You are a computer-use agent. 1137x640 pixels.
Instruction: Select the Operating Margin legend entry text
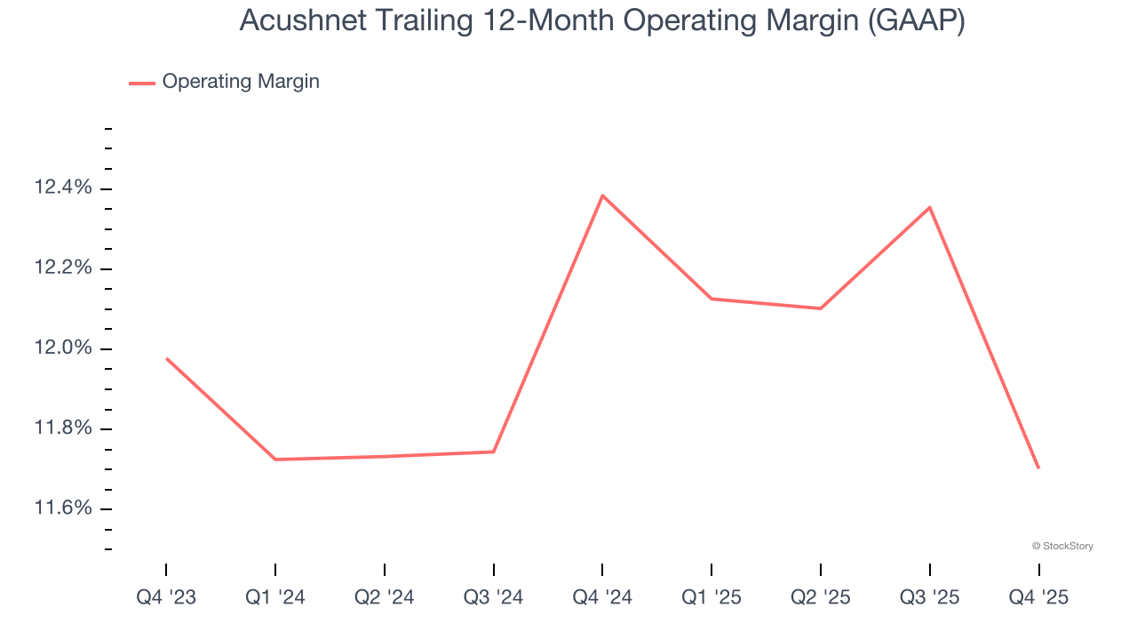point(241,82)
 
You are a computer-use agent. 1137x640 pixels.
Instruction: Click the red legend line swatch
point(142,83)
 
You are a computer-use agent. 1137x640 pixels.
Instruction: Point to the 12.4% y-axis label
point(62,188)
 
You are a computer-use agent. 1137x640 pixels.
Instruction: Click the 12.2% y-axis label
point(62,268)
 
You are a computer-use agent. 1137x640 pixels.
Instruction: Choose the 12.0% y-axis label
point(62,348)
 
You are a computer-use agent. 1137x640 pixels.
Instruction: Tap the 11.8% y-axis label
point(62,428)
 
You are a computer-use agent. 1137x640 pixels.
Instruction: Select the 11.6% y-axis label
point(62,508)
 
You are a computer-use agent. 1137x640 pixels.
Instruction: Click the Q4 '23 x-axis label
point(166,597)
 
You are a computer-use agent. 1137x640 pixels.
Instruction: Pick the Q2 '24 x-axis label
point(385,597)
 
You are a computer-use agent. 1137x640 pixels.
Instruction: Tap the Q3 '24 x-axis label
point(494,597)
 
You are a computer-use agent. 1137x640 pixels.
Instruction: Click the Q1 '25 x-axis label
point(712,597)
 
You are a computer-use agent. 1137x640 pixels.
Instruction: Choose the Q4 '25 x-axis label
point(1038,597)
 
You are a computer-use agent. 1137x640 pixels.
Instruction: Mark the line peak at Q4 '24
point(602,196)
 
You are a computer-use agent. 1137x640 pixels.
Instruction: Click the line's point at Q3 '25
point(929,207)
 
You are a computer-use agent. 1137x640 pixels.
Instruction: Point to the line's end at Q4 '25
point(1038,468)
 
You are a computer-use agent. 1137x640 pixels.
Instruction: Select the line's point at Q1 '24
point(275,460)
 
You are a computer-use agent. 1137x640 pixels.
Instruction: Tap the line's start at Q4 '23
point(166,358)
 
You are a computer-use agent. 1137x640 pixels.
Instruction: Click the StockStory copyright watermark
point(1062,546)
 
